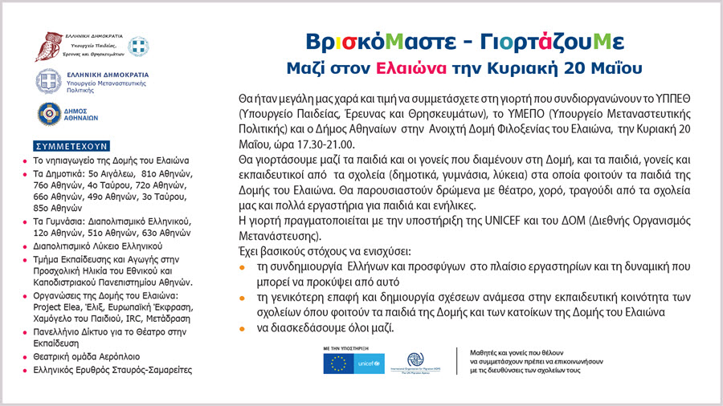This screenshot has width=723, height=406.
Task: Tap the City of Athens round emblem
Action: [x=46, y=115]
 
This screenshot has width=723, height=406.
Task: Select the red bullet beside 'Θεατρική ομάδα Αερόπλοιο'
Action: [x=25, y=355]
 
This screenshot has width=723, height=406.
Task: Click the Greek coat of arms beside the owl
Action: [x=139, y=46]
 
